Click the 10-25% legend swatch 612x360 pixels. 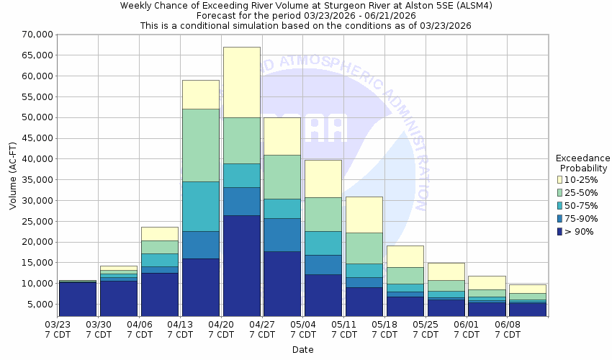pos(559,179)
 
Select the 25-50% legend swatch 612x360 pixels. pos(559,192)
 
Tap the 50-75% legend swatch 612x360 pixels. pos(559,205)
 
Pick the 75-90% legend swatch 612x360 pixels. pos(559,218)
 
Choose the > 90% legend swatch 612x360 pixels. pos(559,231)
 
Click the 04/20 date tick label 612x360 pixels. pos(221,330)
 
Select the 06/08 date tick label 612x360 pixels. pos(508,330)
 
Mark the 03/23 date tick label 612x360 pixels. pos(58,330)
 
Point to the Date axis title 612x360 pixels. pos(302,350)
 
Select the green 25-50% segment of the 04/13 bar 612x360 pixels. pos(200,145)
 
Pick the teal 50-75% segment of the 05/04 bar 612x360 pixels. pos(323,243)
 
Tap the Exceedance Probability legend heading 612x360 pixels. pos(583,163)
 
